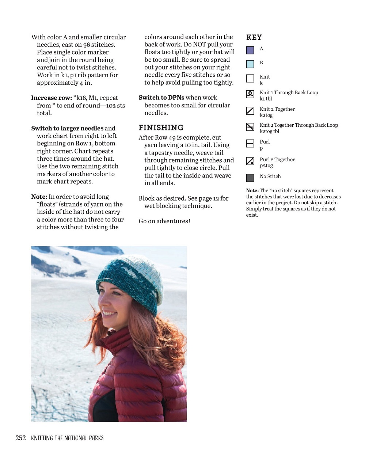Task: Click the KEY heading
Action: click(254, 37)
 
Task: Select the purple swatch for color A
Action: click(250, 50)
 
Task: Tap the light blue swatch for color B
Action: click(250, 64)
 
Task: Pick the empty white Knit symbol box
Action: click(250, 78)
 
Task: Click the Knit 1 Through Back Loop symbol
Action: click(250, 94)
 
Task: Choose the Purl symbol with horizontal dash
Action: click(250, 143)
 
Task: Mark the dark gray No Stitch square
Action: click(250, 178)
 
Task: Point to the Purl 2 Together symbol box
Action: click(250, 161)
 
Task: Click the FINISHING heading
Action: click(161, 128)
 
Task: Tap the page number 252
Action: click(20, 438)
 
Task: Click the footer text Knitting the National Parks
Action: click(67, 438)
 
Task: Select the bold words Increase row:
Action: click(52, 98)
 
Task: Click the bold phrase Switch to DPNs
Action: click(161, 98)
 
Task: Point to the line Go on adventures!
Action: click(164, 221)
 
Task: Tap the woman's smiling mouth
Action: click(109, 313)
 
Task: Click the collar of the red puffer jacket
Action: click(121, 340)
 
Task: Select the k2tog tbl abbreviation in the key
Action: click(269, 131)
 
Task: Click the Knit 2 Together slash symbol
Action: click(250, 110)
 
